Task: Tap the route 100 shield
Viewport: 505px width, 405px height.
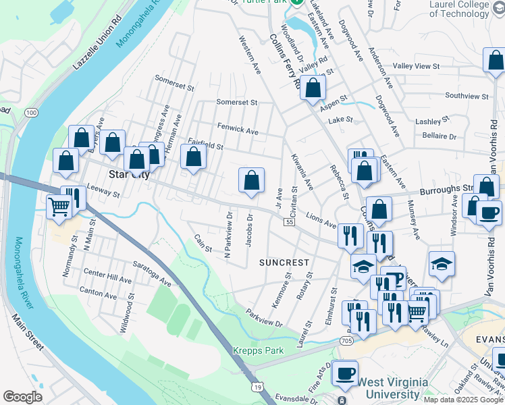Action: (x=32, y=113)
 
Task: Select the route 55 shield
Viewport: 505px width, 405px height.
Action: (x=289, y=222)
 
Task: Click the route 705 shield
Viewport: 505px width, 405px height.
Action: (x=346, y=341)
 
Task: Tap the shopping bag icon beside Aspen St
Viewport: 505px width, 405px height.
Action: (x=313, y=87)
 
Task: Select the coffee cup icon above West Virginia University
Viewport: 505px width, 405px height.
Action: (x=346, y=373)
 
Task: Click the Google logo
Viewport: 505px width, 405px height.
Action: (x=23, y=396)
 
